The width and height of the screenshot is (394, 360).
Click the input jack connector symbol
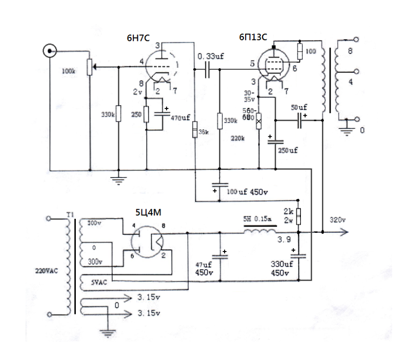pyautogui.click(x=49, y=50)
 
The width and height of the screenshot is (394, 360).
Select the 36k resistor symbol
pyautogui.click(x=195, y=129)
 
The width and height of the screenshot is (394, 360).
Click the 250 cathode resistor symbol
pyautogui.click(x=147, y=115)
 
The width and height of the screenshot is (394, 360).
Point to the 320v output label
pyautogui.click(x=338, y=220)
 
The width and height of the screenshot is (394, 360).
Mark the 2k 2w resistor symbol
pyautogui.click(x=298, y=216)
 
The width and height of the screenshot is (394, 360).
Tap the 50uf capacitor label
pyautogui.click(x=299, y=107)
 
